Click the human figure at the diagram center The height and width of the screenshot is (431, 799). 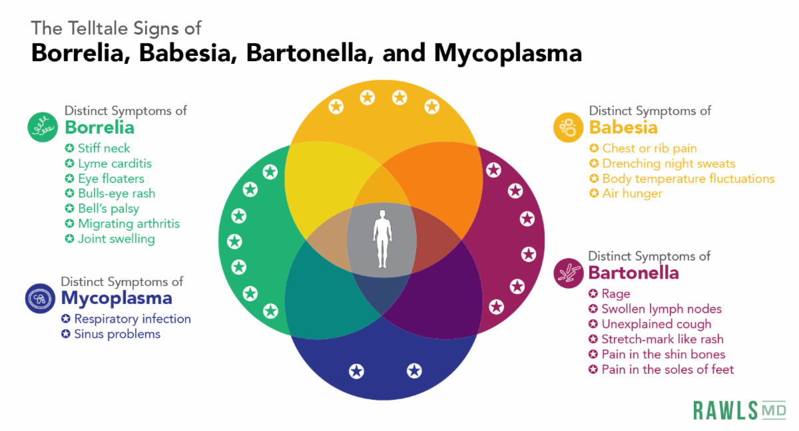click(382, 239)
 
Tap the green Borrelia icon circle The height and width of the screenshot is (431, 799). click(43, 126)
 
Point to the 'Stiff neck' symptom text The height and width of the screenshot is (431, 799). click(104, 148)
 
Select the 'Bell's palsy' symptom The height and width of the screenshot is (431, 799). click(109, 209)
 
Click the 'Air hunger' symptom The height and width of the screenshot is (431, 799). click(632, 194)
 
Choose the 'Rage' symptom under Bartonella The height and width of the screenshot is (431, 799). click(615, 293)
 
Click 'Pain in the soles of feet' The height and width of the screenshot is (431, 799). click(667, 369)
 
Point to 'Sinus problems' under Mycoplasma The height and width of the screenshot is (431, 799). click(117, 334)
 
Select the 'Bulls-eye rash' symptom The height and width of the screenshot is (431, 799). click(117, 194)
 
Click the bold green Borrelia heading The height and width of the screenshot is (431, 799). click(99, 127)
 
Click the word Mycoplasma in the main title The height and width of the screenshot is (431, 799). click(507, 54)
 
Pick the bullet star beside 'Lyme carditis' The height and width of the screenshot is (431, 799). click(70, 164)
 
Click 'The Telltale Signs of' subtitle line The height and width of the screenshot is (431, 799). click(116, 28)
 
